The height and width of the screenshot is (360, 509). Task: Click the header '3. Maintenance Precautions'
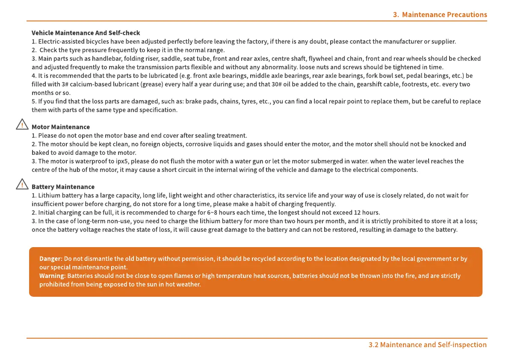coord(440,15)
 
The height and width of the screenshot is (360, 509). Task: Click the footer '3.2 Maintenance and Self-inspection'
coord(427,345)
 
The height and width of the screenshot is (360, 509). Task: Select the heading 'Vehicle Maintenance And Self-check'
coord(86,33)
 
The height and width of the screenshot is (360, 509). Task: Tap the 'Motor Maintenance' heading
coord(61,127)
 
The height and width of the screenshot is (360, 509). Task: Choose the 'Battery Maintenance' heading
coord(63,187)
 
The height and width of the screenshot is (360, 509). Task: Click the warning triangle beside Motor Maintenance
coord(21,125)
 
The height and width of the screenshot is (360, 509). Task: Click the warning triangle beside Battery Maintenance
coord(21,185)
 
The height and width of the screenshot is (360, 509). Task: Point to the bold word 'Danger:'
coord(51,259)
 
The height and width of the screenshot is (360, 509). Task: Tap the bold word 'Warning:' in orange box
coord(53,276)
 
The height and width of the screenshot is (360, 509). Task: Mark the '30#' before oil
coord(277,84)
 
